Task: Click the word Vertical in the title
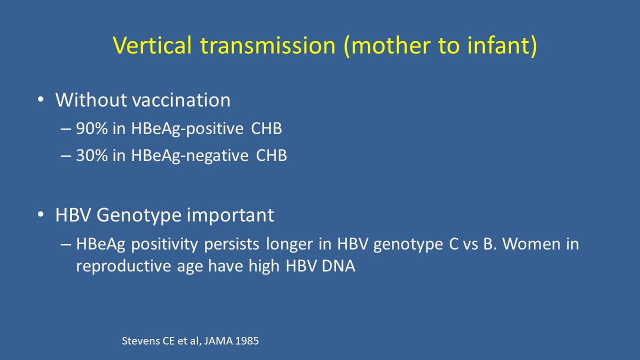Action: (x=152, y=45)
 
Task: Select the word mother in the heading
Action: (x=391, y=45)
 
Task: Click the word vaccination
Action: (x=181, y=100)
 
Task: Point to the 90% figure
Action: (x=91, y=128)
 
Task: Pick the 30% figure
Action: (x=91, y=155)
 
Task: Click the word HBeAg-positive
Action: (x=187, y=129)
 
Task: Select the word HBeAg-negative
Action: (x=189, y=156)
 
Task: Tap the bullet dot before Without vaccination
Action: (x=41, y=99)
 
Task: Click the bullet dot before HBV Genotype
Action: (x=41, y=214)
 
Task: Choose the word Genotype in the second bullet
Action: (x=139, y=215)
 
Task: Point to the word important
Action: (x=230, y=215)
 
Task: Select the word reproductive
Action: (x=123, y=266)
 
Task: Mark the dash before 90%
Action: (x=65, y=129)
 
